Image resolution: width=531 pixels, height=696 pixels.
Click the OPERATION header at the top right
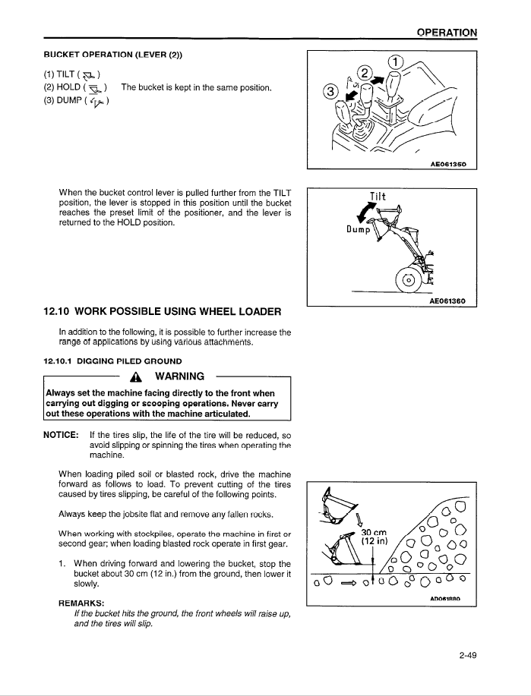coord(447,32)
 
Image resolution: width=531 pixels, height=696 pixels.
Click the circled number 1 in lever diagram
coord(395,62)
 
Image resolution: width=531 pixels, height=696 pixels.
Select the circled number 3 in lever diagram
coord(330,92)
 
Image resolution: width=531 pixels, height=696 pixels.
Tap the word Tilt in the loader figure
coord(378,197)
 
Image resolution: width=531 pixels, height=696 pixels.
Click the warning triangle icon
coord(137,378)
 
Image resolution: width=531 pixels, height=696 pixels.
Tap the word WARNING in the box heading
coord(179,377)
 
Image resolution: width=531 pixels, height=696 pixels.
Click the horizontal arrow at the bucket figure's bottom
coord(349,583)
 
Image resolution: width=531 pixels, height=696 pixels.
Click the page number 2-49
coord(466,656)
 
